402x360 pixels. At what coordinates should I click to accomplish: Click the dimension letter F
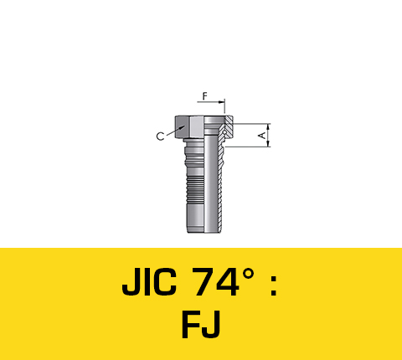click(203, 96)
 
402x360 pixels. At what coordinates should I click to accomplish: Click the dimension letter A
click(260, 134)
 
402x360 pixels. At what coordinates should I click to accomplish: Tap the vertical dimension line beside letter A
click(269, 134)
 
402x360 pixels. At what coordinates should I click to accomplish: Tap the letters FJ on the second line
click(201, 326)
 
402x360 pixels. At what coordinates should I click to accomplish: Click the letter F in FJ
click(192, 326)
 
